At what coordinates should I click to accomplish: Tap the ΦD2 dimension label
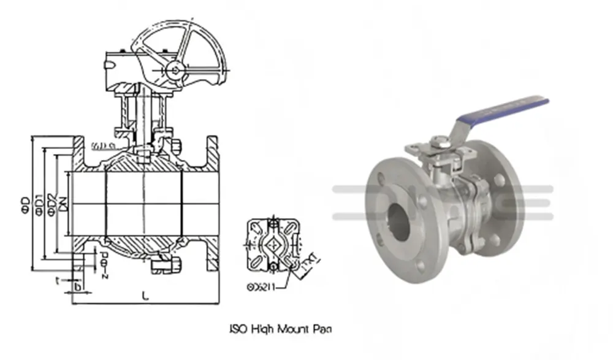[x=51, y=203]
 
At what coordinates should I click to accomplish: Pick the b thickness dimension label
[x=77, y=286]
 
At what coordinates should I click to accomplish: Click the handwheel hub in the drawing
[x=175, y=69]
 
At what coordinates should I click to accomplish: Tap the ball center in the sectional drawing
[x=144, y=203]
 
